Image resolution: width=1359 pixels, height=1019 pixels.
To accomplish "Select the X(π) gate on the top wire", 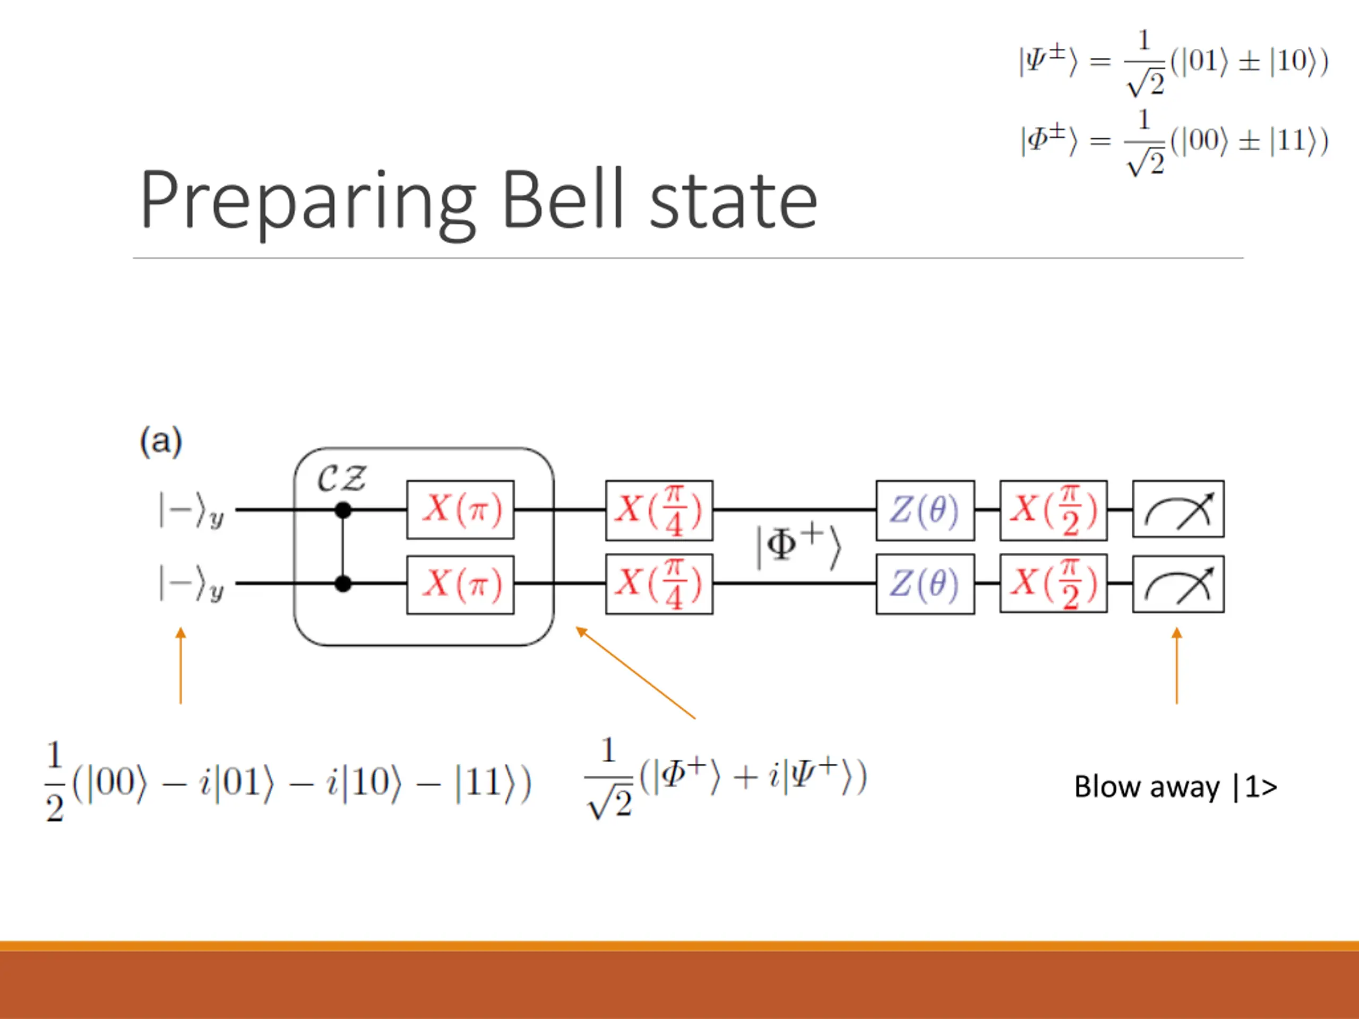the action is (460, 510).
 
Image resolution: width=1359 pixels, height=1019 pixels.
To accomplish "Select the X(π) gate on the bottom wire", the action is (460, 584).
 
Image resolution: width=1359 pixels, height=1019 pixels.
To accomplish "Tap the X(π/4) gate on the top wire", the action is (659, 511).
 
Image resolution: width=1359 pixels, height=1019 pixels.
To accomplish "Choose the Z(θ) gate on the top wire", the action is (925, 511).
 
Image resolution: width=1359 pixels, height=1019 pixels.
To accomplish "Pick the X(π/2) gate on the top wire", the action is (1053, 511).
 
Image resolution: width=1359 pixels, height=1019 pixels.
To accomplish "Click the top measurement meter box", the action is (1178, 509).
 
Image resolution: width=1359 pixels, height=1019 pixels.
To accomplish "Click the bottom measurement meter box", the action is (1178, 584).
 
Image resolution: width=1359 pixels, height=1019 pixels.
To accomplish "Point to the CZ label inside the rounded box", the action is (341, 479).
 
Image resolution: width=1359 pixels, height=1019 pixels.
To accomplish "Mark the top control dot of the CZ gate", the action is (343, 510).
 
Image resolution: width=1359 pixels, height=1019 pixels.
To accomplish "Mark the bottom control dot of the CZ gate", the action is (343, 583).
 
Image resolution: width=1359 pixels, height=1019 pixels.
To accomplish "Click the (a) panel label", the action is (161, 441).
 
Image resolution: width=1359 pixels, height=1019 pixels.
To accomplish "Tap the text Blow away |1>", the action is (1175, 787).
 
